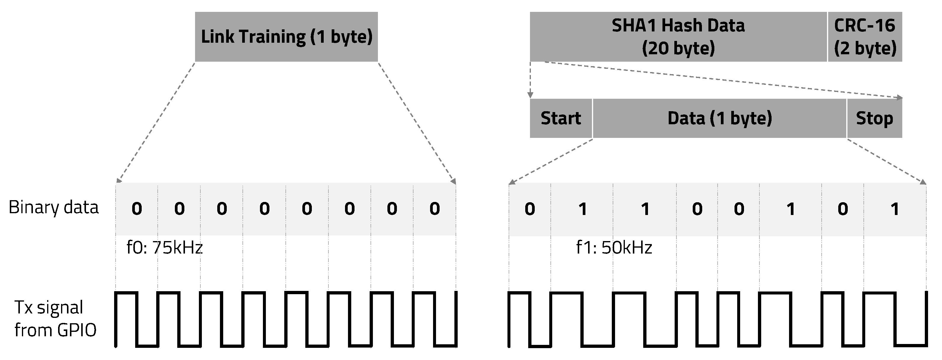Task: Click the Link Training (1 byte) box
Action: coord(286,36)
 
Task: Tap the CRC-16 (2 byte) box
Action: coord(865,36)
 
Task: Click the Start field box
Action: coord(561,118)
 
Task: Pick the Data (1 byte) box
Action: coord(720,118)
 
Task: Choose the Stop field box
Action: coord(874,118)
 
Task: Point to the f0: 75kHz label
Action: coord(165,248)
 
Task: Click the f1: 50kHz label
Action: coord(614,248)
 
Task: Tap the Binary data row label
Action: coord(53,208)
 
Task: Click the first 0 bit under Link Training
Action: coord(137,209)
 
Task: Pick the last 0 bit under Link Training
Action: coord(435,209)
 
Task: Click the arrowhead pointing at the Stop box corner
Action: coord(900,98)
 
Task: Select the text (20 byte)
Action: coord(678,48)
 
